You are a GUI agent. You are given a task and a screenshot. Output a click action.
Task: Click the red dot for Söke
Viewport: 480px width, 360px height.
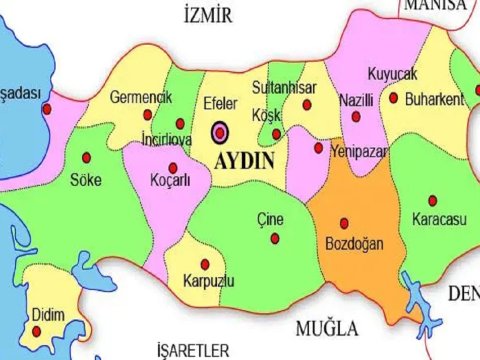pyautogui.click(x=86, y=156)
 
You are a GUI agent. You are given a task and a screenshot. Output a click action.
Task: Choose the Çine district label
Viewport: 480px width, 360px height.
pyautogui.click(x=270, y=219)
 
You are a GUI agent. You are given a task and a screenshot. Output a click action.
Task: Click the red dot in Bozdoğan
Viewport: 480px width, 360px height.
pyautogui.click(x=344, y=223)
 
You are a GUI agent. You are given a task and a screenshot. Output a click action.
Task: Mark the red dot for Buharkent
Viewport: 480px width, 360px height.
pyautogui.click(x=395, y=98)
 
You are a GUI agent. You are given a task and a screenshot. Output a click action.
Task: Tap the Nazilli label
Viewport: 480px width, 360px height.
pyautogui.click(x=356, y=102)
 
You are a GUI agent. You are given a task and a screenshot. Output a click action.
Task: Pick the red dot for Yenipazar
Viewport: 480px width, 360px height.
pyautogui.click(x=319, y=148)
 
